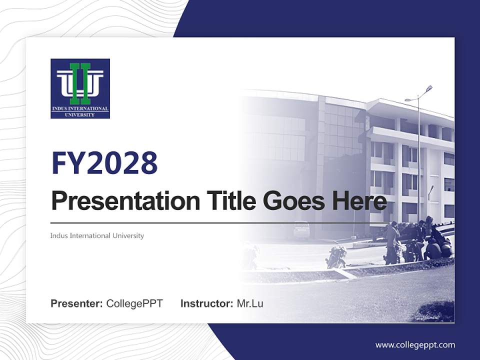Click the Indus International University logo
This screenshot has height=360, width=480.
pos(80,88)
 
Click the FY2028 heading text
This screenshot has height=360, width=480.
pos(104,162)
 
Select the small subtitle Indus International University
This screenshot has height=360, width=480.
pos(97,235)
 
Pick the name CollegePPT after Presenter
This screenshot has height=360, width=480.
pos(134,303)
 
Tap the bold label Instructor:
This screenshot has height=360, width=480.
pos(206,303)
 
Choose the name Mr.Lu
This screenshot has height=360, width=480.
pos(250,303)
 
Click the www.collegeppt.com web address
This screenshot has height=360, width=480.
pos(415,344)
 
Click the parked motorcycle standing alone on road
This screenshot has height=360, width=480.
pos(336,256)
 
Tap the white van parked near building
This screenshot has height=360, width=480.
pos(301,230)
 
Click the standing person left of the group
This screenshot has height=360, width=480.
pos(391,242)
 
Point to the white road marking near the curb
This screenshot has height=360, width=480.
pos(346,273)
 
